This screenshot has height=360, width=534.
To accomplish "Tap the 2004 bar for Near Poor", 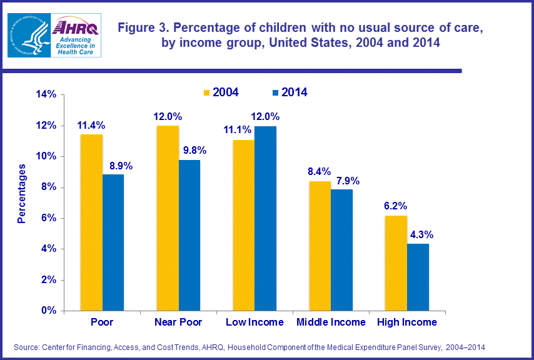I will pyautogui.click(x=168, y=218).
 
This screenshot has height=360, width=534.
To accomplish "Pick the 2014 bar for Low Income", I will pyautogui.click(x=266, y=218).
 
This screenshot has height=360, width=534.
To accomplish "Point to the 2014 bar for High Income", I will pyautogui.click(x=418, y=277).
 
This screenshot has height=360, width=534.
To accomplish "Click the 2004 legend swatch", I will pyautogui.click(x=206, y=92).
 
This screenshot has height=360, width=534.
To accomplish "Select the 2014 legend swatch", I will pyautogui.click(x=275, y=92).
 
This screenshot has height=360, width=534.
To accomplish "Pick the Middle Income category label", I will pyautogui.click(x=331, y=322).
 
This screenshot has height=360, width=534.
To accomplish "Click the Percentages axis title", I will pyautogui.click(x=22, y=194).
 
